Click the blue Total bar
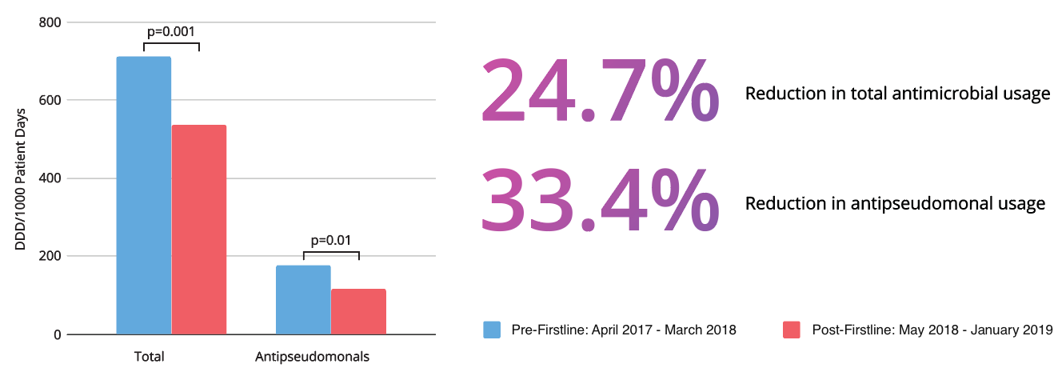pos(144,195)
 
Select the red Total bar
pos(199,230)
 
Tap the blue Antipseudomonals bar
pos(303,299)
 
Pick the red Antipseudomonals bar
pos(358,311)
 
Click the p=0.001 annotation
pos(171,33)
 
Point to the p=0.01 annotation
pos(331,239)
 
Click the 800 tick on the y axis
pos(50,22)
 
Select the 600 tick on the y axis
pos(50,101)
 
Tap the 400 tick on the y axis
pos(50,178)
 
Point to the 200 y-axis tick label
pos(50,257)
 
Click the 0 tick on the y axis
pos(57,334)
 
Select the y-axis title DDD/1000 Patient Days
pos(21,178)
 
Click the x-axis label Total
pos(148,356)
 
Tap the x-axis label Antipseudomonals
pos(312,356)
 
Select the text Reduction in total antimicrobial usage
pos(897,94)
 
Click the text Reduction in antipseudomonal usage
pos(895,204)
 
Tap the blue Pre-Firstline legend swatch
pos(493,329)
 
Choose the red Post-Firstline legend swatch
pos(792,329)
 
